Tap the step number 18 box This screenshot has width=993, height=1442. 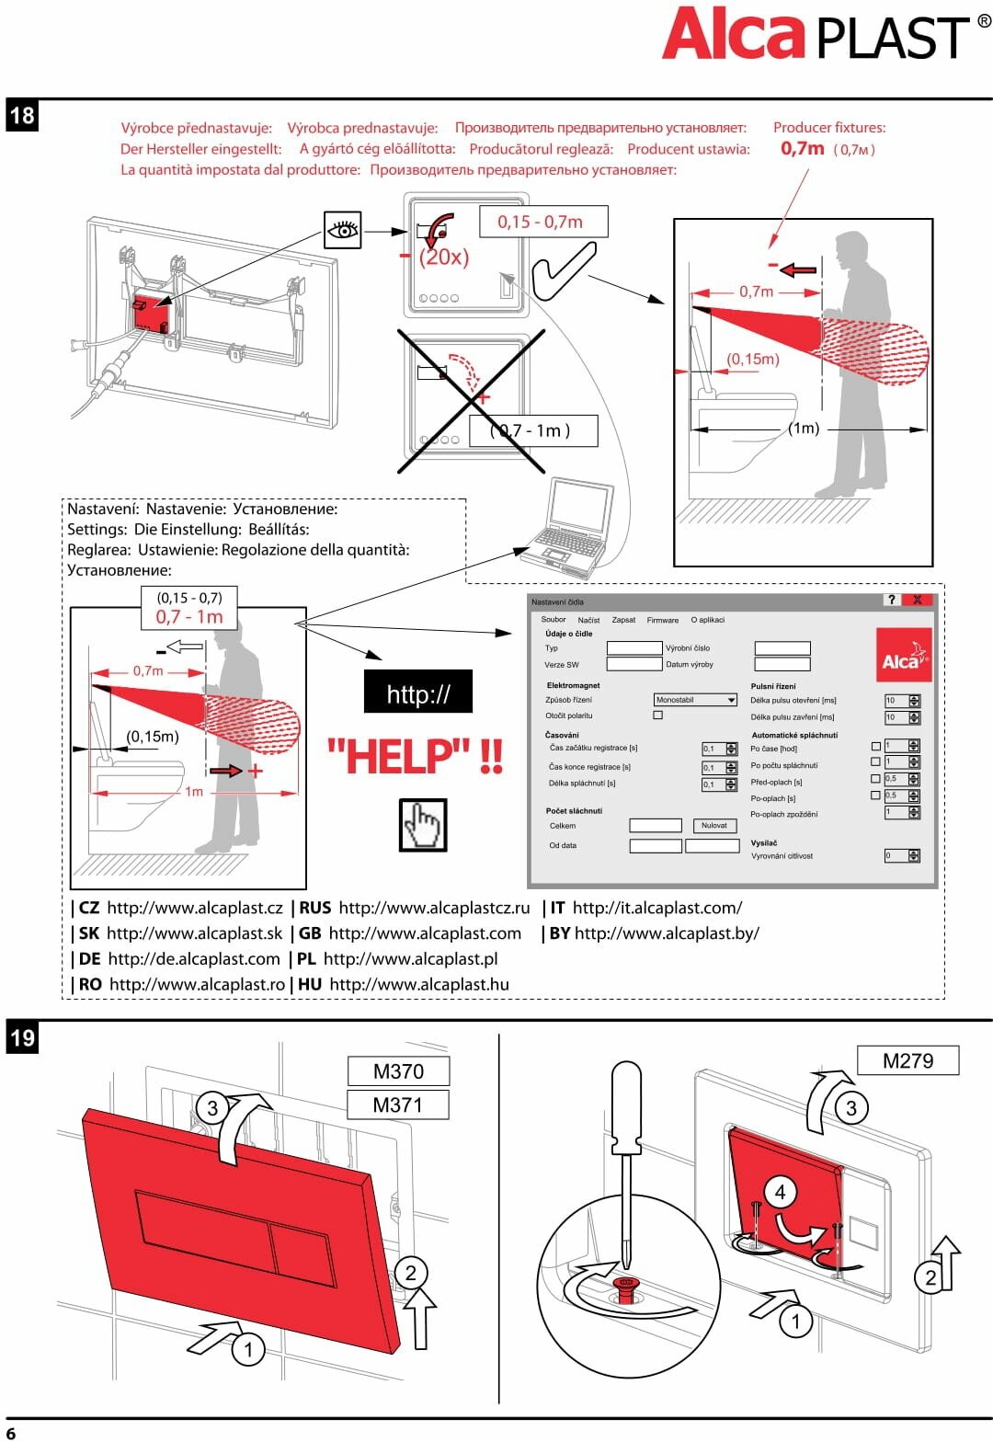[x=22, y=116]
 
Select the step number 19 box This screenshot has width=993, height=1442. [x=22, y=1038]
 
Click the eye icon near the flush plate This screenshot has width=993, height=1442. [x=342, y=230]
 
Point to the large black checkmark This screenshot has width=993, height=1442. [x=563, y=270]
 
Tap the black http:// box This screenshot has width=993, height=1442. [x=418, y=692]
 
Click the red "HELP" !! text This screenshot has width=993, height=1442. [x=416, y=757]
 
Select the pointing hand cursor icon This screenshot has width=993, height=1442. [x=423, y=825]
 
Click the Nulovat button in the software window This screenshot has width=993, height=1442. [x=713, y=826]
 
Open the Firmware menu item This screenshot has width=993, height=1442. [x=662, y=620]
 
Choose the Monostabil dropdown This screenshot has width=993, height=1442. [x=695, y=700]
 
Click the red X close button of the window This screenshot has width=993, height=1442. [x=917, y=600]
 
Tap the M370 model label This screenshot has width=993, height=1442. [x=398, y=1071]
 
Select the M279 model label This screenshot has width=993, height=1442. [x=907, y=1060]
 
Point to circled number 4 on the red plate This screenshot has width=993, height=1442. [x=780, y=1193]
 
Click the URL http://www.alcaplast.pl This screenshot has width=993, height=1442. [x=410, y=958]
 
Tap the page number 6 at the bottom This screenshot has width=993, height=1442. [x=11, y=1432]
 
